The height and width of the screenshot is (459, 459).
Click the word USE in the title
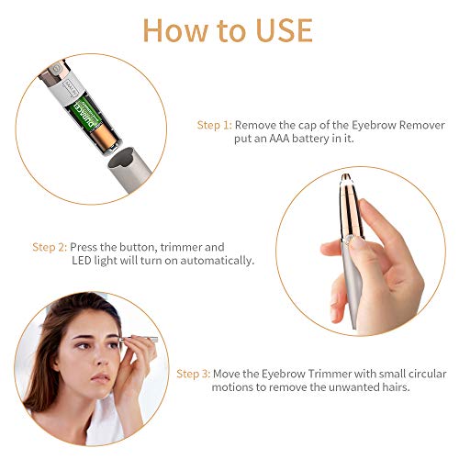point(285,30)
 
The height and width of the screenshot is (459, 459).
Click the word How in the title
point(177,30)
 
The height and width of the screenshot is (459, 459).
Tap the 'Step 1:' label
point(215,125)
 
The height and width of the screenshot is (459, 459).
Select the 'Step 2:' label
point(50,247)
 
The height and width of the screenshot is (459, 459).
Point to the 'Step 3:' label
point(194,374)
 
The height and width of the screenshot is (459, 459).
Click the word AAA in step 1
point(279,139)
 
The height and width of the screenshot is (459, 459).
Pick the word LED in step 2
point(82,261)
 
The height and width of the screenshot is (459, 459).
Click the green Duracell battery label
point(85,115)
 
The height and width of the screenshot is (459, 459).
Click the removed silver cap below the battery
point(129,168)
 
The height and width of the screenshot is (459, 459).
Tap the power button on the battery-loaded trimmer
point(55,69)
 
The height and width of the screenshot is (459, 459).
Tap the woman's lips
point(100,378)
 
